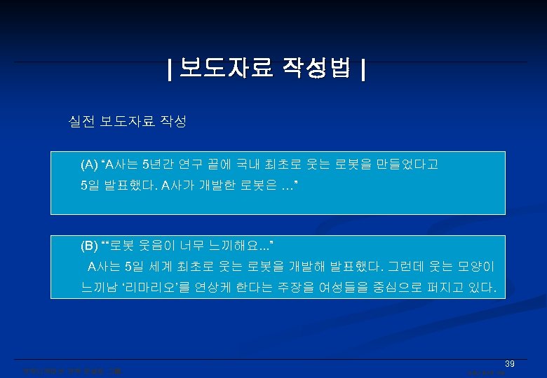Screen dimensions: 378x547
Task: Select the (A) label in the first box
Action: pos(90,165)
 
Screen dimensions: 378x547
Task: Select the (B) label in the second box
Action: pos(90,246)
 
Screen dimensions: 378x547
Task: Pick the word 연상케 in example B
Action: pos(202,287)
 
